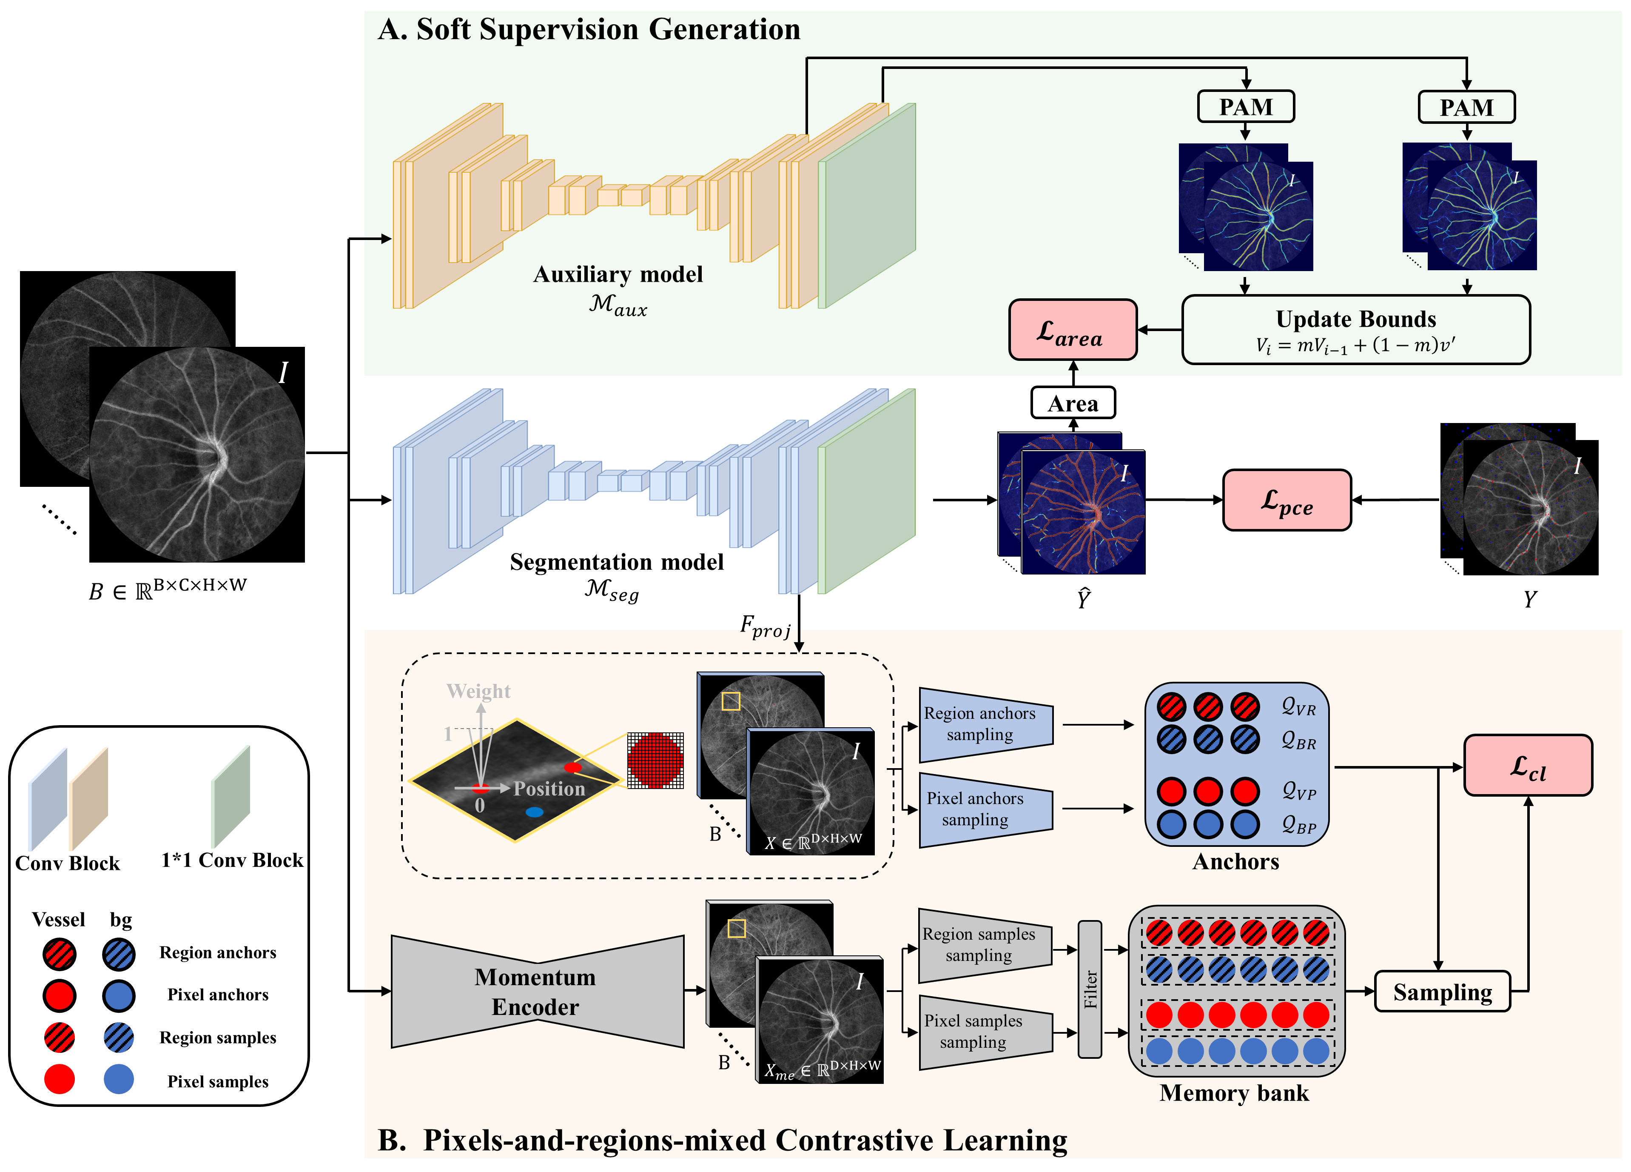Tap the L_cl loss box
click(1528, 765)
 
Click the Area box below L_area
click(1073, 403)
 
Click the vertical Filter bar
click(1090, 989)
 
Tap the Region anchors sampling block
click(986, 724)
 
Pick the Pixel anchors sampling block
click(986, 809)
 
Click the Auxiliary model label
click(618, 274)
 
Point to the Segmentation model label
click(616, 561)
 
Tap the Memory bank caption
click(1234, 1093)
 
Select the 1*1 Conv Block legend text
click(232, 860)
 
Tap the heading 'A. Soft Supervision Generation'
click(589, 29)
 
